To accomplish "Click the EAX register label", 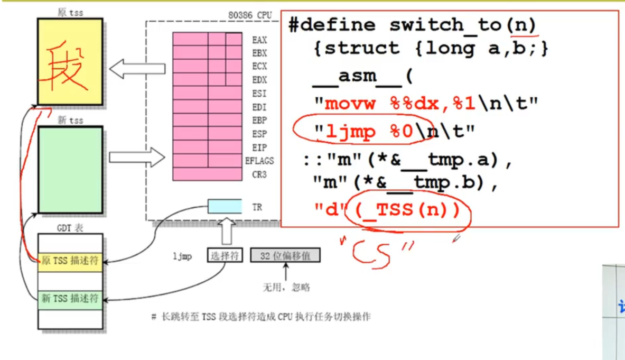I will tap(259, 40).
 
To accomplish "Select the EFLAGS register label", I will tap(259, 161).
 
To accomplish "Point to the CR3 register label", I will tap(259, 174).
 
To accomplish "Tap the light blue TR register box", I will tap(225, 206).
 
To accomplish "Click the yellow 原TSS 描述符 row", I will tap(70, 261).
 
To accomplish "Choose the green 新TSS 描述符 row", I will tap(70, 299).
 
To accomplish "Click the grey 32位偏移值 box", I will tap(285, 256).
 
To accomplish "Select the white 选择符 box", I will tap(225, 256).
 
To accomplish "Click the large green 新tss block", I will tap(70, 170).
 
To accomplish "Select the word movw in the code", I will tap(352, 103).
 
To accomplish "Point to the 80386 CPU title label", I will tap(250, 15).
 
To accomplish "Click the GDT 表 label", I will tap(70, 228).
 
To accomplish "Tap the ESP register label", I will tap(259, 134).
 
